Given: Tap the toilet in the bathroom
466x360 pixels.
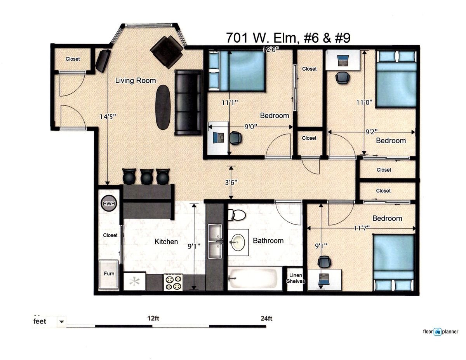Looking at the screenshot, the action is pos(236,215).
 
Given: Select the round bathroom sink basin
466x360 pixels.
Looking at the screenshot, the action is pos(238,242).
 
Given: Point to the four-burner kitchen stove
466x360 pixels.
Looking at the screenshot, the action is pos(173,282).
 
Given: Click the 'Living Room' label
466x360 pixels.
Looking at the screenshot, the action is pos(136,81).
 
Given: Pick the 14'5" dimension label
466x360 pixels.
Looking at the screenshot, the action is pos(108,117).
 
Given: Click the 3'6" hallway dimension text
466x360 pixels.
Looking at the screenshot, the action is pos(231,183).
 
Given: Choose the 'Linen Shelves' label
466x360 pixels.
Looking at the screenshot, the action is pos(296,278).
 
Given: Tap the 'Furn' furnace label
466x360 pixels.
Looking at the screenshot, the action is pos(109,273).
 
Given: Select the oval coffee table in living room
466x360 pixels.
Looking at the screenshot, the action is pos(163,107).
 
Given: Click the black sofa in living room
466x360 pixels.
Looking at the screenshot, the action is pos(188,103).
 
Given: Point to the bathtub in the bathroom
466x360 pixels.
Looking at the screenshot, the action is pos(255,278).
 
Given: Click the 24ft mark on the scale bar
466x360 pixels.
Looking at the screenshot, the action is pos(266,318).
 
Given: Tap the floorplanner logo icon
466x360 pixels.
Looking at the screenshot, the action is pos(437,332).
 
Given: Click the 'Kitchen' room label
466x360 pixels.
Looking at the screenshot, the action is pos(166,242).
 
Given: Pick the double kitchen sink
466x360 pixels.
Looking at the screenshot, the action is pos(215,241).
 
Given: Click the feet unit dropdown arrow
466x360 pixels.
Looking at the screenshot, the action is pos(62,322).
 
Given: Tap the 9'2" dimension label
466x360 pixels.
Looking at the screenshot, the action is pos(371,132).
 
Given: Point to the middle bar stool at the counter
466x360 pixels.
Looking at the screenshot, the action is pos(147,176).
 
